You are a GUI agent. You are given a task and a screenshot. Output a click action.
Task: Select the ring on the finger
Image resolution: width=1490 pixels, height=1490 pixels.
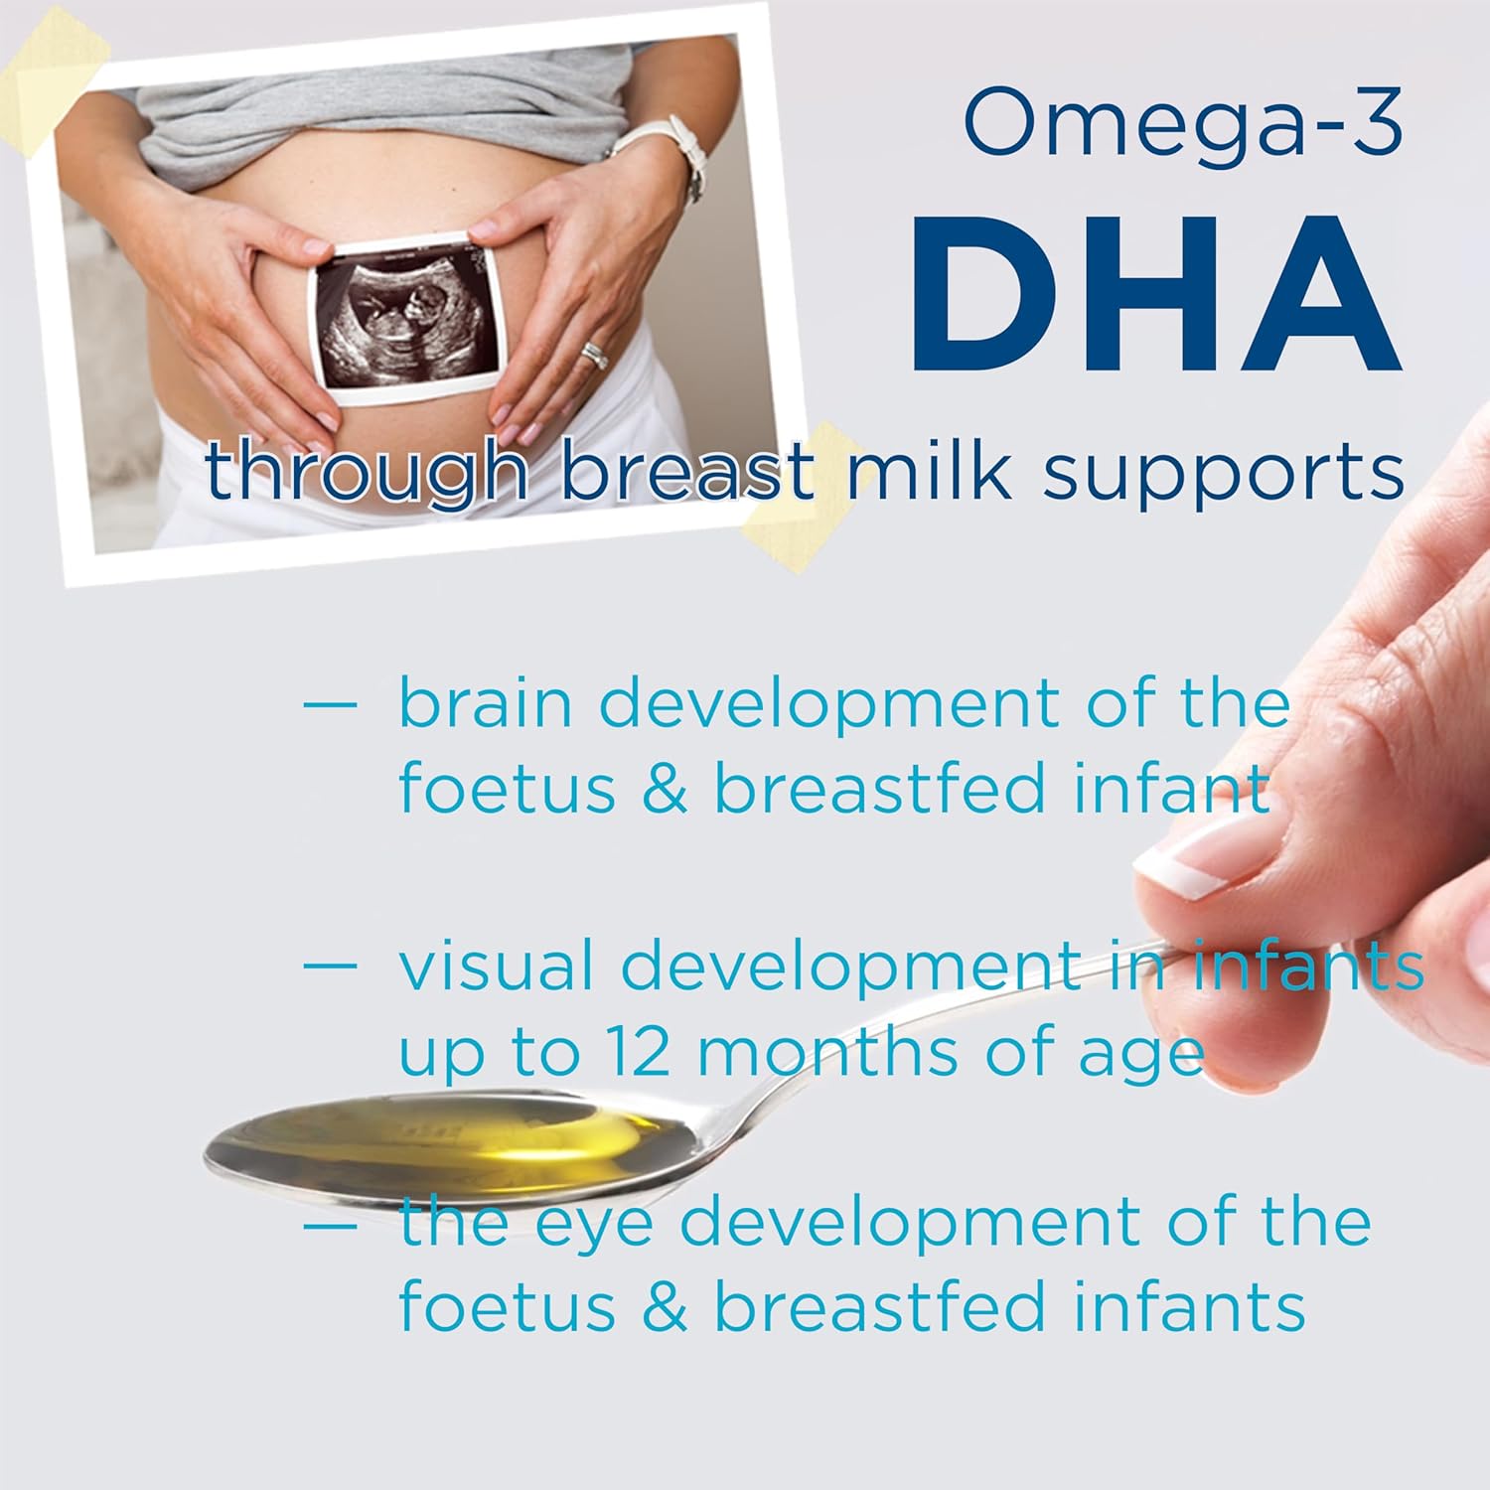pyautogui.click(x=594, y=355)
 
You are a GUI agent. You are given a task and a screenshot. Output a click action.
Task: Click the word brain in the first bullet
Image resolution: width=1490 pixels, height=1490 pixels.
pyautogui.click(x=486, y=703)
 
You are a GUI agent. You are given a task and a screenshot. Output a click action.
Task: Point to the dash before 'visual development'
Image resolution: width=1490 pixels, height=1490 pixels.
pyautogui.click(x=329, y=965)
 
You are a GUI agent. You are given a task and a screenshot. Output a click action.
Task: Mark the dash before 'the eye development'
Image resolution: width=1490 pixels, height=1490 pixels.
pyautogui.click(x=329, y=1225)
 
